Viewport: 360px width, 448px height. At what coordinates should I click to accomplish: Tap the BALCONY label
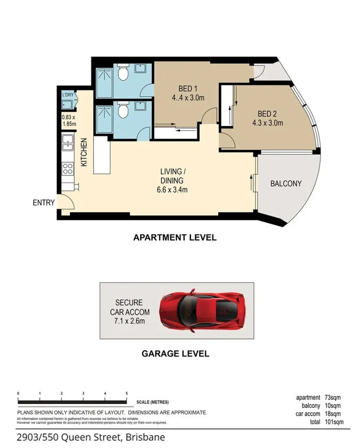pyautogui.click(x=286, y=183)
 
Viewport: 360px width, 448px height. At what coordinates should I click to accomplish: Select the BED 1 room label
pyautogui.click(x=188, y=88)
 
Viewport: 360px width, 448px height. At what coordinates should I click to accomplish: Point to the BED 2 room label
pyautogui.click(x=267, y=114)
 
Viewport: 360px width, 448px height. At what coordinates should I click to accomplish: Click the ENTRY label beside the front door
pyautogui.click(x=43, y=203)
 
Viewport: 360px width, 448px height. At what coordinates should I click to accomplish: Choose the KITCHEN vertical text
pyautogui.click(x=84, y=152)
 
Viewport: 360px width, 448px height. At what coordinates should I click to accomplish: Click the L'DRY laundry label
pyautogui.click(x=68, y=95)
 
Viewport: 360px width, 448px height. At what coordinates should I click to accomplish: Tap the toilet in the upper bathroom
pyautogui.click(x=123, y=74)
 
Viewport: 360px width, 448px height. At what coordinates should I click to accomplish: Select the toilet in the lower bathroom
pyautogui.click(x=123, y=111)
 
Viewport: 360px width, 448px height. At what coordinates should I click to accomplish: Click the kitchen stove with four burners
pyautogui.click(x=68, y=168)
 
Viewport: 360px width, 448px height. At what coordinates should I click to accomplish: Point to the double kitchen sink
pyautogui.click(x=68, y=142)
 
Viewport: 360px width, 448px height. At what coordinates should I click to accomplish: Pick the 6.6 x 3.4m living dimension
pyautogui.click(x=173, y=190)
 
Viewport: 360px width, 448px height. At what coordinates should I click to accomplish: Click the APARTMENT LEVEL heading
pyautogui.click(x=175, y=238)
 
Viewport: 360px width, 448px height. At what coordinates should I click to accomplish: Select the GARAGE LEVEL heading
pyautogui.click(x=175, y=354)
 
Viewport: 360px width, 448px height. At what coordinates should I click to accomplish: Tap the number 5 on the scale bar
pyautogui.click(x=127, y=394)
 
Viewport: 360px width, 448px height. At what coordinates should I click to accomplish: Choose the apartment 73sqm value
pyautogui.click(x=335, y=398)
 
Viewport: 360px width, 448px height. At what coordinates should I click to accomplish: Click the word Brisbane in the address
pyautogui.click(x=145, y=437)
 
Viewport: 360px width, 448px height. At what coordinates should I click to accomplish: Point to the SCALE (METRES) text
pyautogui.click(x=153, y=402)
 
